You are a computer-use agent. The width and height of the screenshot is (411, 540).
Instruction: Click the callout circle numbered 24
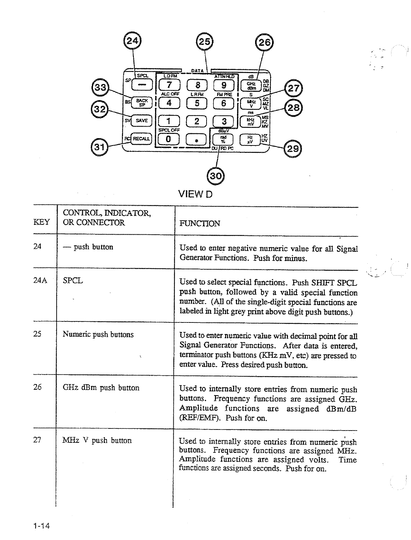[132, 41]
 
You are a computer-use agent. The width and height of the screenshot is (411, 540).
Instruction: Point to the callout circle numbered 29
[292, 149]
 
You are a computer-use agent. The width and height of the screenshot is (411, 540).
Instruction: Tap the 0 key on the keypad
[168, 139]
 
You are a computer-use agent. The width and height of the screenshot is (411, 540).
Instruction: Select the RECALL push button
[141, 138]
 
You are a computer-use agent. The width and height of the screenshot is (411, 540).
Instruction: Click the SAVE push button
[142, 121]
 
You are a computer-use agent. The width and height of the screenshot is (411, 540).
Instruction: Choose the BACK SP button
[142, 103]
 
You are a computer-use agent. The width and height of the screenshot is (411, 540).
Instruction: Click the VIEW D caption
[195, 194]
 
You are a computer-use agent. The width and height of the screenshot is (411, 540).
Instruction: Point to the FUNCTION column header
[200, 223]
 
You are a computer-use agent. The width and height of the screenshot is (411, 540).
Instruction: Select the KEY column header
[41, 222]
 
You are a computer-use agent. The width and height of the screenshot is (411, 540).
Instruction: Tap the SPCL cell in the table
[73, 280]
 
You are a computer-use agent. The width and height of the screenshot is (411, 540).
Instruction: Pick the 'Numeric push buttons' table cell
[98, 334]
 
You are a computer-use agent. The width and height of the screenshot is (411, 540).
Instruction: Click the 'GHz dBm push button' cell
[101, 388]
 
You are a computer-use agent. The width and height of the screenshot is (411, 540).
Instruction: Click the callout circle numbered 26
[265, 42]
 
